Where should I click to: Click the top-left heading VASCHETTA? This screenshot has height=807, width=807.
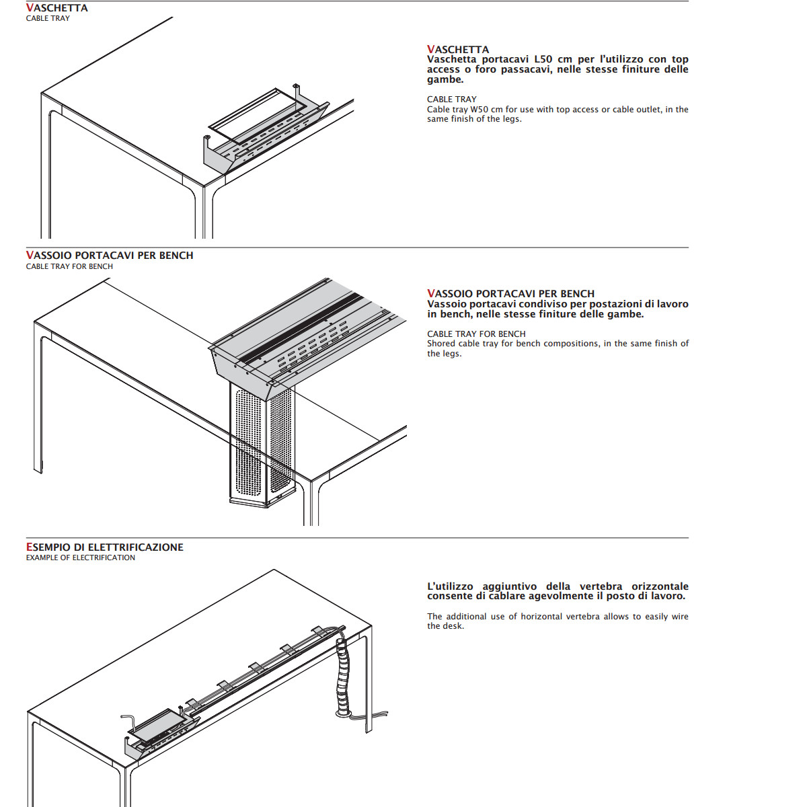tap(57, 8)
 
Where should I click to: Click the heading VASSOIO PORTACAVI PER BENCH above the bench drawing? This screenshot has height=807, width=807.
tap(110, 255)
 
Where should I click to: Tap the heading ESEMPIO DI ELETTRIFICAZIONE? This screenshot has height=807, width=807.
tap(105, 547)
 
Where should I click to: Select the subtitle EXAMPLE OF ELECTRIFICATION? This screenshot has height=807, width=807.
tap(81, 558)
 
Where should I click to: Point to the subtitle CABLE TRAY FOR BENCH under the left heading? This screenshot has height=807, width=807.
tap(69, 266)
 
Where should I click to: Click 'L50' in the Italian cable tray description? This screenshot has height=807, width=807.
tap(543, 59)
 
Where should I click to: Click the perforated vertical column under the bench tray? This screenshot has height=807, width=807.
tap(262, 444)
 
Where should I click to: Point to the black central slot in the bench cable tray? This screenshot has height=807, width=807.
tap(300, 328)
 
